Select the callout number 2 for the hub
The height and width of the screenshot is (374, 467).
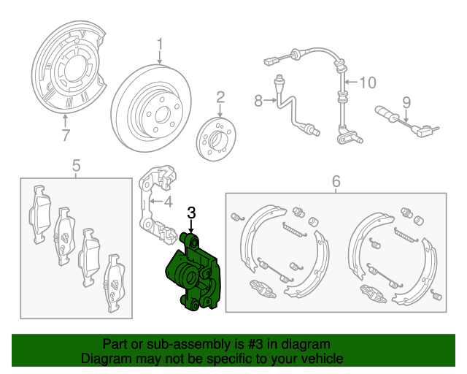(220, 97)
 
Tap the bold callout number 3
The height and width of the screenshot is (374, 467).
(191, 213)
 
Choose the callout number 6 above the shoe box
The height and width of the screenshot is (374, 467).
(336, 180)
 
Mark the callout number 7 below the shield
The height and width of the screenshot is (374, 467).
(66, 135)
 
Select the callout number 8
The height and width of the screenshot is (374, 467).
(258, 102)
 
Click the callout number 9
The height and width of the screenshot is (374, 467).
(406, 102)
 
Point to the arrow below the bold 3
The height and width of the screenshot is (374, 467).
(191, 226)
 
